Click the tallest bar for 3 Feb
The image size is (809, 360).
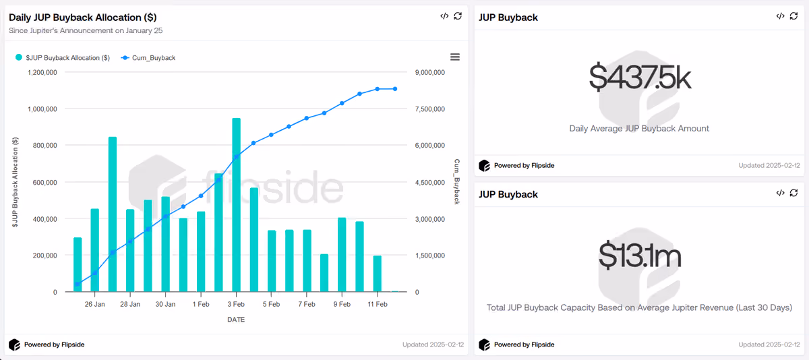236,205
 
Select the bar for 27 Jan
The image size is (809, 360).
113,214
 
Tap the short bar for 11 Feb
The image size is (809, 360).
377,274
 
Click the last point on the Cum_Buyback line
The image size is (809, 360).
395,89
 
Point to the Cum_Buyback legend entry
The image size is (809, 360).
148,58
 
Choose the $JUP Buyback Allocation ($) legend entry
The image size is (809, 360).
63,58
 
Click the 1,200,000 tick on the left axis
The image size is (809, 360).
42,73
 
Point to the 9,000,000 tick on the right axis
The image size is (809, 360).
430,73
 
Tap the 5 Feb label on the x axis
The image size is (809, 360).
271,305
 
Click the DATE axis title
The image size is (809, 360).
236,320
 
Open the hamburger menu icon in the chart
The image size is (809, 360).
455,57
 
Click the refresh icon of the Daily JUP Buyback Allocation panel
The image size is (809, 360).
458,16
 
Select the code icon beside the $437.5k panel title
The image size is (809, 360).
780,16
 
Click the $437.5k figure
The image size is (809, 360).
640,77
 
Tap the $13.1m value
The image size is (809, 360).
640,256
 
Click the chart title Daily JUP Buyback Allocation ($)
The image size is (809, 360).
83,18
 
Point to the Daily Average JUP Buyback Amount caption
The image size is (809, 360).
639,129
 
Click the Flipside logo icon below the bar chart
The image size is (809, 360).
14,344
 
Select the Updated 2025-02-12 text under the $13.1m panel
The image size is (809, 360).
769,344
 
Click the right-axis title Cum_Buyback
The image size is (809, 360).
457,181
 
